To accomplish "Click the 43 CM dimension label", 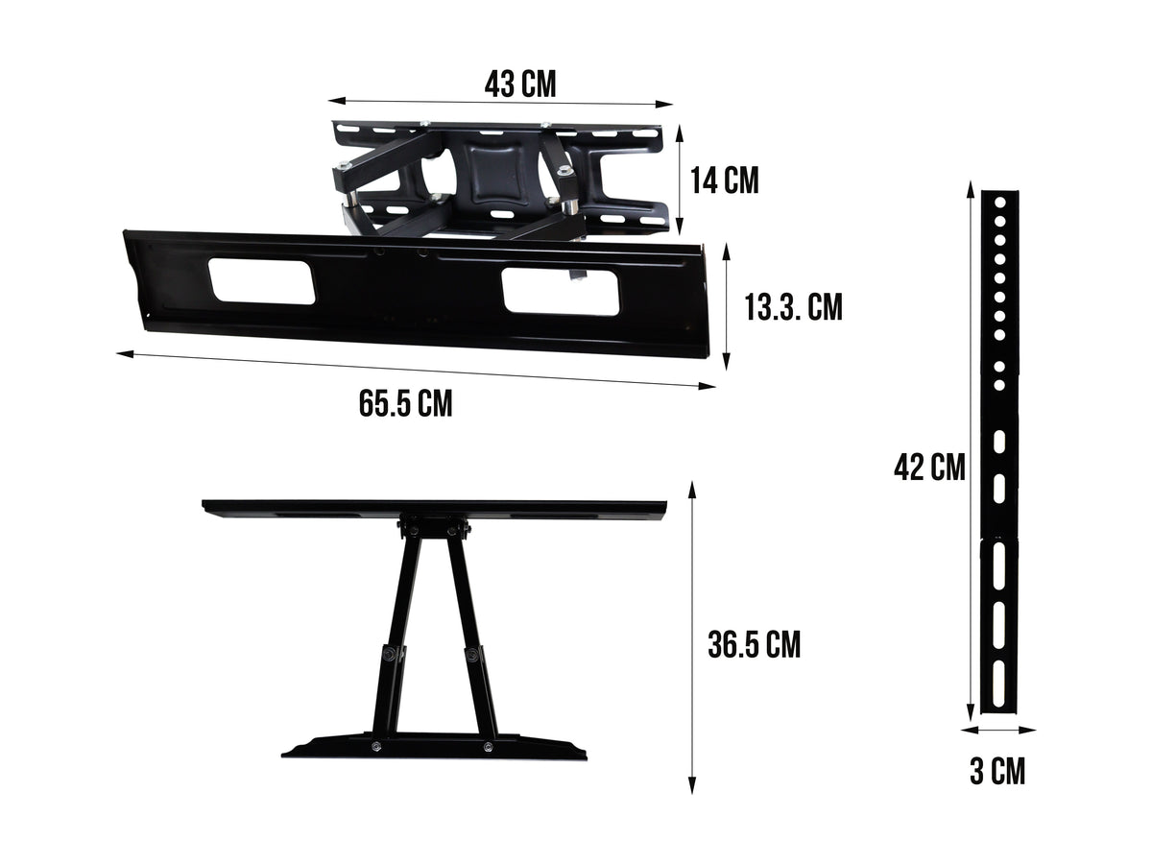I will click(519, 84).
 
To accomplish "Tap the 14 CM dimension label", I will click(725, 180).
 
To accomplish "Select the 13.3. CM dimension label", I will click(793, 307).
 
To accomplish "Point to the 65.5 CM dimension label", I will click(405, 403).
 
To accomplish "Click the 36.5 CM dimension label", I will click(754, 645).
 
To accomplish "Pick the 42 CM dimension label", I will click(928, 468).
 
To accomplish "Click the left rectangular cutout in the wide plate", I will click(261, 282).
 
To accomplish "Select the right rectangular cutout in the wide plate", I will click(561, 291).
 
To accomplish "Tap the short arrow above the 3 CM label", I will click(998, 730).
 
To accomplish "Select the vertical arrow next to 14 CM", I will click(680, 179).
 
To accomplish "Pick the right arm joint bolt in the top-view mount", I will click(473, 656).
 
